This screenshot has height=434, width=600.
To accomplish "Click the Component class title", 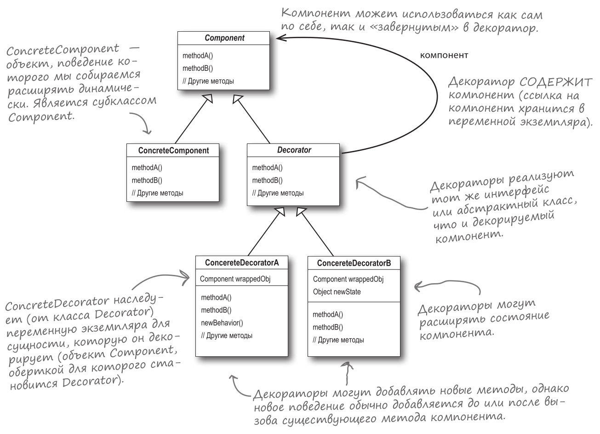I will tap(224, 38).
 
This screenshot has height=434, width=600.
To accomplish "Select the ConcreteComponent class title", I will tap(173, 150).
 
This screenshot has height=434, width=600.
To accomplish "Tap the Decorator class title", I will tap(294, 150).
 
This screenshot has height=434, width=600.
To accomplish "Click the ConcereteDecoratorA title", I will tap(242, 263).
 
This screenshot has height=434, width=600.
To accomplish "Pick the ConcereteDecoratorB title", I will tap(354, 263).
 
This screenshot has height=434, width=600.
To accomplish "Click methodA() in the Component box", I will tap(198, 56).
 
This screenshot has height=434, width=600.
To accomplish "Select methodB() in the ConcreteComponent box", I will tap(147, 180).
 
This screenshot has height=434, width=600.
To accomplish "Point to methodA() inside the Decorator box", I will tap(268, 167).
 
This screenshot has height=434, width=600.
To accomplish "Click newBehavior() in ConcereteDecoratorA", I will tap(222, 323).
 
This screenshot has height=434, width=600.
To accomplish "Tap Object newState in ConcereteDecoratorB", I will tap(337, 292).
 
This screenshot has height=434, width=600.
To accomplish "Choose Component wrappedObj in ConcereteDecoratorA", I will tap(230, 279).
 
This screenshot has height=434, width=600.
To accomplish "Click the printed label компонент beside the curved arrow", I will tap(444, 56).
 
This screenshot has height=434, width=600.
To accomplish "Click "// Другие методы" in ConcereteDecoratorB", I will tap(338, 340).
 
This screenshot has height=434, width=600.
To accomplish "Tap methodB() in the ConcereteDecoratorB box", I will tap(328, 327).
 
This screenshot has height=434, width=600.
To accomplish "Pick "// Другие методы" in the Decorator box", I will tap(278, 193).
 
